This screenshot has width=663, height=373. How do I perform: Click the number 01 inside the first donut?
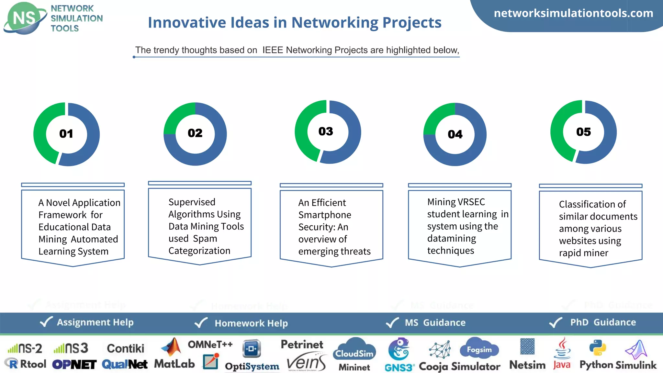click(66, 134)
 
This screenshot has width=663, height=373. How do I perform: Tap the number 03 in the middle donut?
click(326, 131)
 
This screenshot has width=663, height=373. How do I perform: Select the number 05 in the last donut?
click(583, 132)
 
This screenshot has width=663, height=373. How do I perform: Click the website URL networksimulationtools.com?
click(573, 13)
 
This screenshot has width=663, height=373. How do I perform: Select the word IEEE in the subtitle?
click(273, 50)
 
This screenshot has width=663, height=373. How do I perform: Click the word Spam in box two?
click(205, 239)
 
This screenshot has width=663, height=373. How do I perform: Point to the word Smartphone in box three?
click(325, 215)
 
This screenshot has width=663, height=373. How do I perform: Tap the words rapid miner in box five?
click(583, 253)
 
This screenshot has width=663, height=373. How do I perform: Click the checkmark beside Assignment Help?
click(46, 322)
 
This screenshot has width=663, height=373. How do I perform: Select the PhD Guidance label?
click(603, 322)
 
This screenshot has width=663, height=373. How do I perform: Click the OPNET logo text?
click(74, 365)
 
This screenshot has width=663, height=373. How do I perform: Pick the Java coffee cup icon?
click(563, 348)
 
